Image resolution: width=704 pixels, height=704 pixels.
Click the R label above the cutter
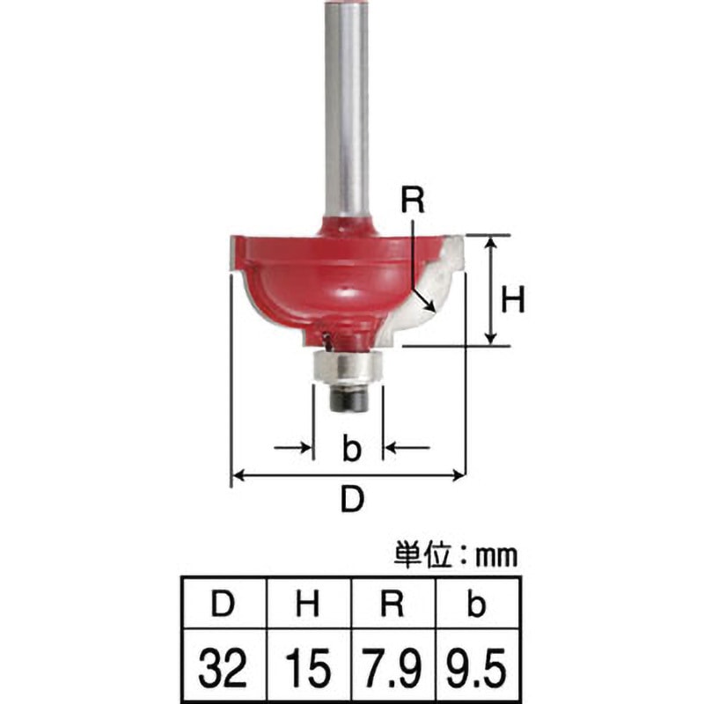click(x=412, y=201)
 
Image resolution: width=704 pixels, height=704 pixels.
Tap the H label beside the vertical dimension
click(x=513, y=300)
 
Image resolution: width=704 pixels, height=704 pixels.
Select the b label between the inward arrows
click(x=351, y=447)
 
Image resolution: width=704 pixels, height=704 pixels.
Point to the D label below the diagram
click(x=352, y=499)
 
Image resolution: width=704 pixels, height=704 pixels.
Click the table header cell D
click(x=223, y=604)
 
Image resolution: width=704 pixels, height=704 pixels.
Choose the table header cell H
click(x=308, y=604)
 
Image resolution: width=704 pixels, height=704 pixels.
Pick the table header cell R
click(x=392, y=604)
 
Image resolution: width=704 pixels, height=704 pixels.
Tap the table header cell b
click(x=477, y=604)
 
